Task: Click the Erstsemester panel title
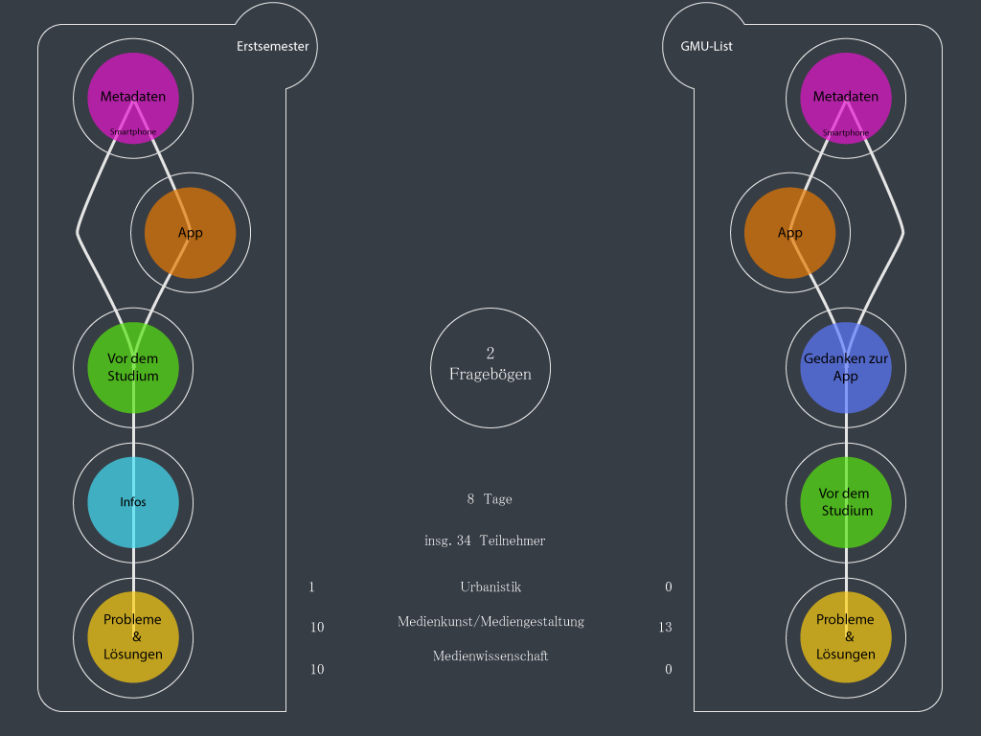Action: click(x=273, y=46)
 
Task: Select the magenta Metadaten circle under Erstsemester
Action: click(x=133, y=98)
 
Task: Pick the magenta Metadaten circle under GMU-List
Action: click(x=846, y=98)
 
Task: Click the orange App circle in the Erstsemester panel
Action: click(x=190, y=233)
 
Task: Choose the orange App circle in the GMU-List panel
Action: click(x=790, y=233)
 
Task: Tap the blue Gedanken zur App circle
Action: click(x=846, y=368)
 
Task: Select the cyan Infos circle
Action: click(x=133, y=502)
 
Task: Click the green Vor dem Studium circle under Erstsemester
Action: click(x=133, y=368)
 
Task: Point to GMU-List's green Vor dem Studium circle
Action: click(x=846, y=502)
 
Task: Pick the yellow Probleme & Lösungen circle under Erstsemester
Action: click(x=133, y=637)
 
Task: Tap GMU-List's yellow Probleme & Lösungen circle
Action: click(x=846, y=637)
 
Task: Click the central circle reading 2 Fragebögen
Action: click(x=490, y=367)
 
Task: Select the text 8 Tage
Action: click(x=490, y=499)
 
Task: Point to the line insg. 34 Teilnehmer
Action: click(x=485, y=541)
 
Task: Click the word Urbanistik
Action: click(x=490, y=587)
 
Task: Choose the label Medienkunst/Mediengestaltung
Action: click(x=490, y=622)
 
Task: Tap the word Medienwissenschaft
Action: click(x=490, y=656)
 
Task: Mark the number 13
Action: click(x=665, y=628)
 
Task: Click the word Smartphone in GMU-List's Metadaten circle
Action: click(x=846, y=132)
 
